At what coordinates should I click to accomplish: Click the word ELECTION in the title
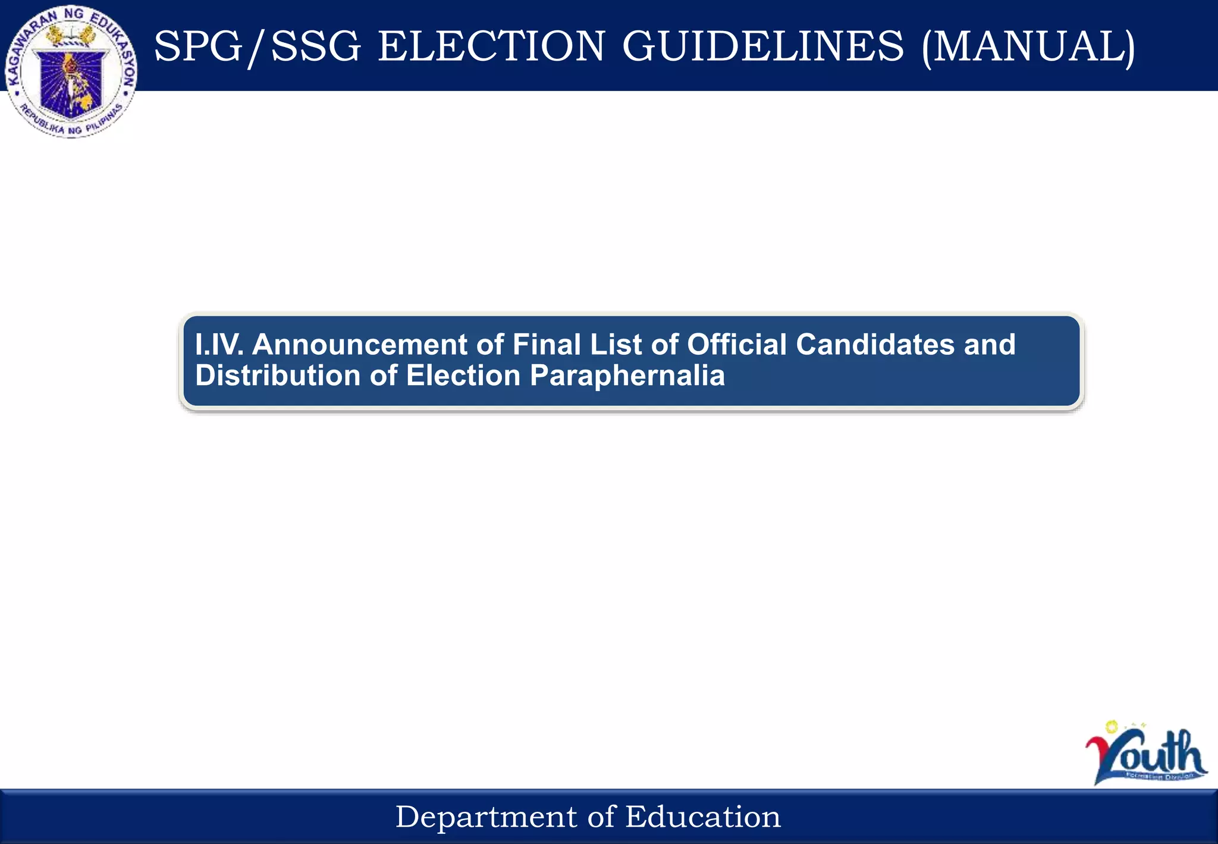491,46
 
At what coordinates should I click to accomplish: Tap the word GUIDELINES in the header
763,46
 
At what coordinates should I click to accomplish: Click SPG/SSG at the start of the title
257,46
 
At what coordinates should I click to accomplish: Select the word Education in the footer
702,817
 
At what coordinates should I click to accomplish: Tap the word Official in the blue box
737,345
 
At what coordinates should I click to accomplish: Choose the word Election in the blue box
463,376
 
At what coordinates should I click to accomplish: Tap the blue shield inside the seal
70,83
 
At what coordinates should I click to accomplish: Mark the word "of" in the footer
601,817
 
